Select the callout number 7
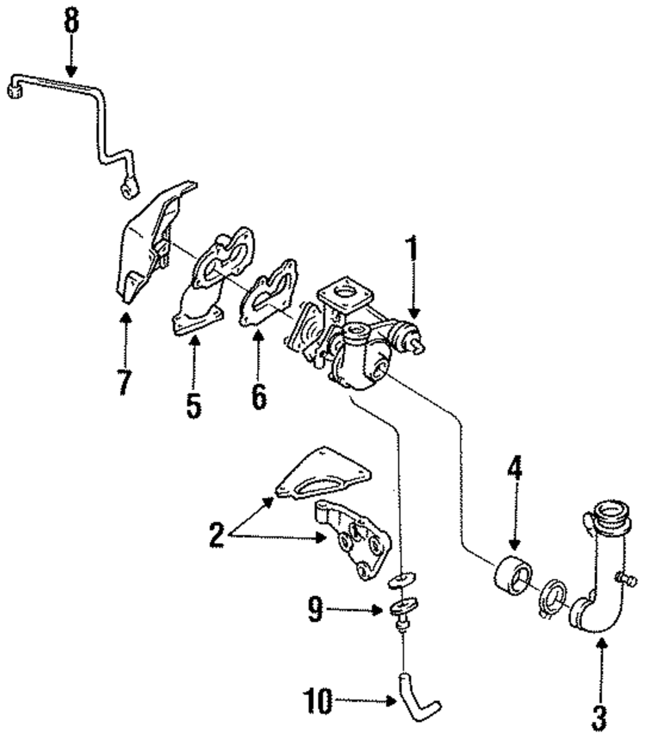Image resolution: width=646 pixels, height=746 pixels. [x=124, y=382]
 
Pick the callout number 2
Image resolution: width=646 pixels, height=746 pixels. [x=217, y=535]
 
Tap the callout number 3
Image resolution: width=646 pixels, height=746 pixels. [x=599, y=717]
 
